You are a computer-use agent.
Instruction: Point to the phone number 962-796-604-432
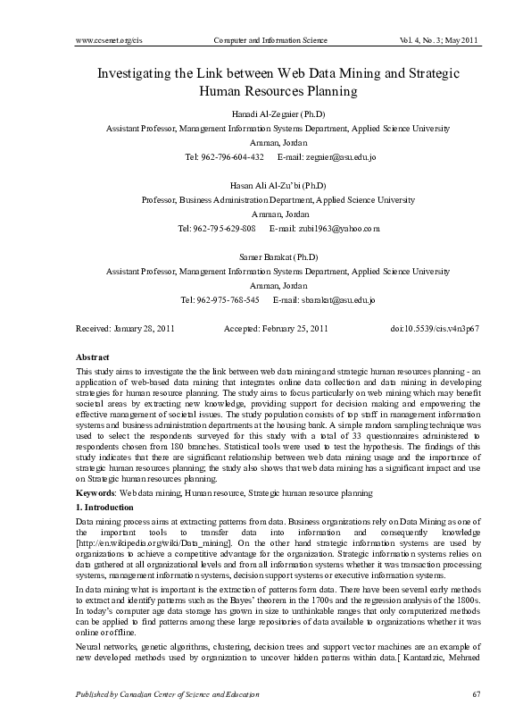231,157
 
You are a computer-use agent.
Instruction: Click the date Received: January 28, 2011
126,330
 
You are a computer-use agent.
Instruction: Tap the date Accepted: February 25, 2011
276,330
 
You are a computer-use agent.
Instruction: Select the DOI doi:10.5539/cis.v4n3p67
436,330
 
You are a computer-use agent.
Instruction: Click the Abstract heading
94,357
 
